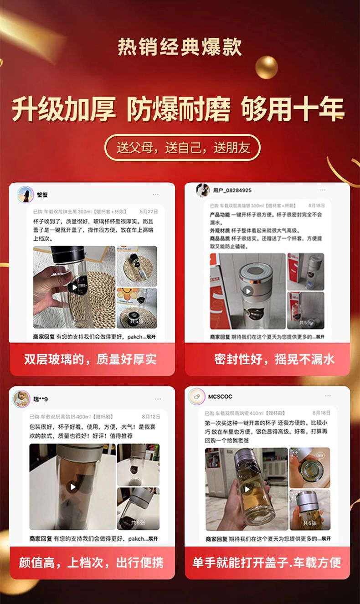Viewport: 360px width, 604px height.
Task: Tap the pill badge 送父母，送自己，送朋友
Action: point(183,148)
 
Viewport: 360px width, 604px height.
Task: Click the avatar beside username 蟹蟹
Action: point(25,195)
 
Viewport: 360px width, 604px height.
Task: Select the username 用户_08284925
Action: point(232,190)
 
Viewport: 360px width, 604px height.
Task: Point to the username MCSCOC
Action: point(221,397)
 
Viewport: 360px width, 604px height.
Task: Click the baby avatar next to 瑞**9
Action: point(21,398)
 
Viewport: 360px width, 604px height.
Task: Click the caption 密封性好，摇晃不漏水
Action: point(274,359)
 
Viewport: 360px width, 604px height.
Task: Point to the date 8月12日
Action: point(151,417)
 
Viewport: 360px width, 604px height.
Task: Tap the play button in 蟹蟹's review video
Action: point(72,288)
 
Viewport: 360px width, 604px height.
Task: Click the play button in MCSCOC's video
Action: point(247,489)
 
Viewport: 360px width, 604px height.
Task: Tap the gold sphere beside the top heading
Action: point(267,68)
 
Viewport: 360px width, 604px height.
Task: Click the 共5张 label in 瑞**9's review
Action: point(139,522)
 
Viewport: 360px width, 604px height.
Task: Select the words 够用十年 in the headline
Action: point(293,110)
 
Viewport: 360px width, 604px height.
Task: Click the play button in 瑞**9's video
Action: point(72,487)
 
